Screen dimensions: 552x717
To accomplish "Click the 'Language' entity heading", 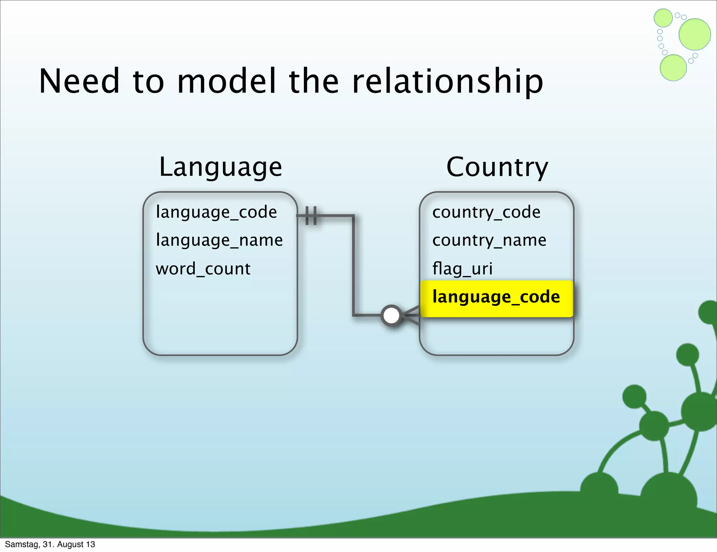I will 220,167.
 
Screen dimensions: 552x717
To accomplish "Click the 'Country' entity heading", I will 497,167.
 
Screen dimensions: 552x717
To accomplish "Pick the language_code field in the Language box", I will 216,212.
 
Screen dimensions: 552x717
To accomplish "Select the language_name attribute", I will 219,241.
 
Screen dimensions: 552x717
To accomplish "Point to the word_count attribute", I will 203,269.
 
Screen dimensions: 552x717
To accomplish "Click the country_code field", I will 486,212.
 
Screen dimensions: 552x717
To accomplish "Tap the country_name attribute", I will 489,241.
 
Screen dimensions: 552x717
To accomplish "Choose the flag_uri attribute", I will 462,269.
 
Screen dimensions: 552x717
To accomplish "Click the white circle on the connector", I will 391,316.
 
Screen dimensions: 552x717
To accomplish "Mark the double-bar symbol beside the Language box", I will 311,215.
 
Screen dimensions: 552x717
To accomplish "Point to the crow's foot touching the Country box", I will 410,315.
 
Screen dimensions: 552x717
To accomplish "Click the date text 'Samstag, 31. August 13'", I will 50,544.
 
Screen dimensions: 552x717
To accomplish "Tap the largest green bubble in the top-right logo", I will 694,34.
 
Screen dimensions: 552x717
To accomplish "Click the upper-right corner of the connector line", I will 353,216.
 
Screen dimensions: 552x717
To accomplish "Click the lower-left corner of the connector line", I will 354,315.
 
